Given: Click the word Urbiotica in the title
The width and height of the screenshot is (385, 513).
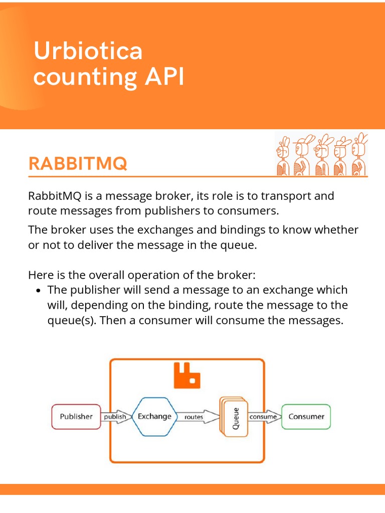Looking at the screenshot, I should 88,52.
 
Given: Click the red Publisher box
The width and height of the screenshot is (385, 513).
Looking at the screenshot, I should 76,416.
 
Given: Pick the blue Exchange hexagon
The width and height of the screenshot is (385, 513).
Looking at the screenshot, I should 154,416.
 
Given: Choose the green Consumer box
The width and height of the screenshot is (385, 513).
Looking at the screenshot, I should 306,416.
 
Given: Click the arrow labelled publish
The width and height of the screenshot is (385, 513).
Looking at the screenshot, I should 115,417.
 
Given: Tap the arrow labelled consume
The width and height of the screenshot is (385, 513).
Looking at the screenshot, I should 264,417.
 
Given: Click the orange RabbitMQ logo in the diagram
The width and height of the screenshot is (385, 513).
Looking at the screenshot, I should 186,376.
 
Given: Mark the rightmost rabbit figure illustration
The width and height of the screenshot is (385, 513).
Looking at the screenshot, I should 359,154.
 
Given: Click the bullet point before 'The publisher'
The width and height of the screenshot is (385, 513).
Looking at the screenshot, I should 40,291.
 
